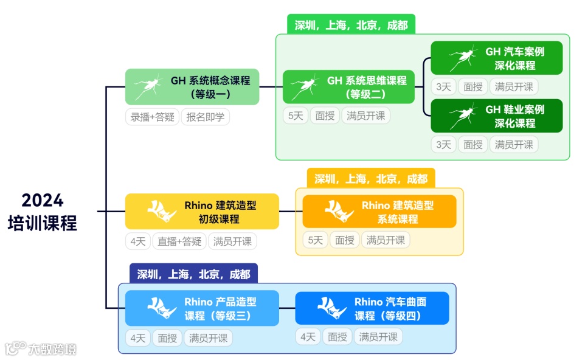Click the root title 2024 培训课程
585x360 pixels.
[x=43, y=212]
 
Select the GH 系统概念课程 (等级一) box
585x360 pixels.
[x=192, y=86]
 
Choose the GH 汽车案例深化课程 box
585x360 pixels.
[x=497, y=58]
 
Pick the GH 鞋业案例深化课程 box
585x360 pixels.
[x=497, y=116]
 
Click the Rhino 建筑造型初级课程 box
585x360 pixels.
[x=202, y=212]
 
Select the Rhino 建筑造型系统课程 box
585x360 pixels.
[x=379, y=212]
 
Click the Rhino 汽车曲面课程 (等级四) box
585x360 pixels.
[x=372, y=308]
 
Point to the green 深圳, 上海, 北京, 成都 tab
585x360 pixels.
[x=351, y=25]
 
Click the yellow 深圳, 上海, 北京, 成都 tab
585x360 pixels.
[x=370, y=179]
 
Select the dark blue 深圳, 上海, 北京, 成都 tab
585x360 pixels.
[x=193, y=274]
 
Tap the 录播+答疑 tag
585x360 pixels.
[x=152, y=117]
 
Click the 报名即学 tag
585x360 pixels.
[x=206, y=117]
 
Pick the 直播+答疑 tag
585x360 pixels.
[x=179, y=241]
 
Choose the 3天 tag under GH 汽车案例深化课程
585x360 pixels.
[x=443, y=87]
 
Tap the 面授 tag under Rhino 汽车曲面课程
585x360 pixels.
[x=337, y=336]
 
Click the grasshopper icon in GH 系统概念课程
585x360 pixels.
[x=147, y=87]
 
